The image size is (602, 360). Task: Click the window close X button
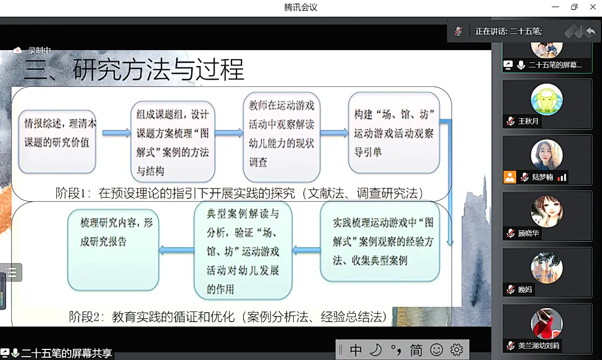pyautogui.click(x=593, y=7)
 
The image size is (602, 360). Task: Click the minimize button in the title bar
pyautogui.click(x=555, y=7)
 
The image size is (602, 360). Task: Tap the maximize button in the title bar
pyautogui.click(x=574, y=7)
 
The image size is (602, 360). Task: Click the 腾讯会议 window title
pyautogui.click(x=300, y=7)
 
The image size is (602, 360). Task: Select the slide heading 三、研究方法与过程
pyautogui.click(x=134, y=70)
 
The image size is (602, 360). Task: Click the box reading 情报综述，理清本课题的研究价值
pyautogui.click(x=57, y=142)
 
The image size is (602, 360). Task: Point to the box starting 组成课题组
pyautogui.click(x=173, y=142)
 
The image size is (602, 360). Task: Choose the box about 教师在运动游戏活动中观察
pyautogui.click(x=281, y=137)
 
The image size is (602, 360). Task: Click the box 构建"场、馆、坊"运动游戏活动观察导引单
pyautogui.click(x=394, y=133)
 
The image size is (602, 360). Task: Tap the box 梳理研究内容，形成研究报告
pyautogui.click(x=113, y=250)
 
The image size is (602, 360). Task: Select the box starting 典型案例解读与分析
pyautogui.click(x=243, y=250)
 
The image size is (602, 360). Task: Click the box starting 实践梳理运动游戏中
pyautogui.click(x=380, y=241)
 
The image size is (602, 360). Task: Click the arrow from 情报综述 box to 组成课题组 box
pyautogui.click(x=116, y=133)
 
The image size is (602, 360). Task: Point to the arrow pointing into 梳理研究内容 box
pyautogui.click(x=177, y=250)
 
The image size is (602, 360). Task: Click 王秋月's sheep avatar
pyautogui.click(x=547, y=99)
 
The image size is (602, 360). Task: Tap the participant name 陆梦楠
pyautogui.click(x=542, y=177)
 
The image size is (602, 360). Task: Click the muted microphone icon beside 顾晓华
pyautogui.click(x=510, y=233)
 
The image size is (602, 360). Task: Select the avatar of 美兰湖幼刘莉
pyautogui.click(x=547, y=324)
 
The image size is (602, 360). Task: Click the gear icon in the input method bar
pyautogui.click(x=457, y=349)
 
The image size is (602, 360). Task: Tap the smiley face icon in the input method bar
pyautogui.click(x=436, y=349)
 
